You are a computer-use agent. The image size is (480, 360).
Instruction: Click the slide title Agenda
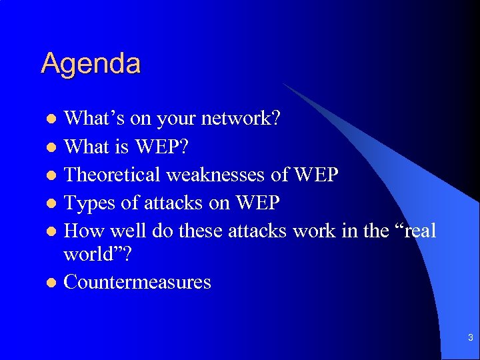[91, 64]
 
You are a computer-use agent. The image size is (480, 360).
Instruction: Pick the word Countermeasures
[137, 282]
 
